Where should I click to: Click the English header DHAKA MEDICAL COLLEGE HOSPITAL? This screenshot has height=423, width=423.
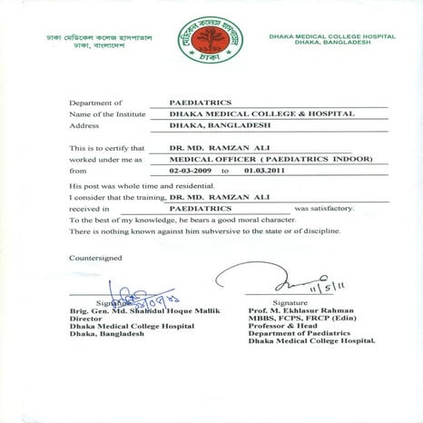(331, 36)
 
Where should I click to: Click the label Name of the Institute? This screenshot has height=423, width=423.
(105, 116)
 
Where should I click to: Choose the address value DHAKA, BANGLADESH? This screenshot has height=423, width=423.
(193, 128)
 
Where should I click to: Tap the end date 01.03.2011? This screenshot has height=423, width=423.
(264, 170)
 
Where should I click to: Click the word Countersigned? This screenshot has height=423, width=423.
(93, 257)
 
